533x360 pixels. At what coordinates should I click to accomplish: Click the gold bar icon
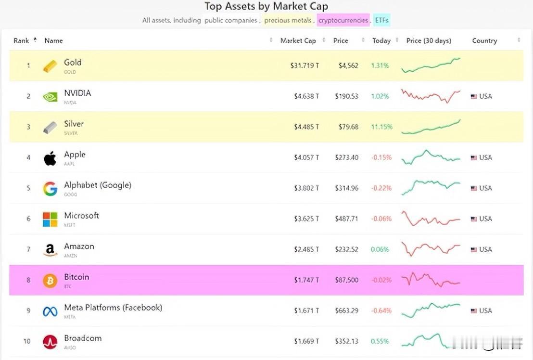click(x=50, y=66)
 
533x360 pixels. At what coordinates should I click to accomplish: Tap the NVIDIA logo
click(x=50, y=97)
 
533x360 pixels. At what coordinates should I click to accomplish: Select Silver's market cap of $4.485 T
click(x=306, y=127)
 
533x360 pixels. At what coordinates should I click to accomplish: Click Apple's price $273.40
click(x=346, y=157)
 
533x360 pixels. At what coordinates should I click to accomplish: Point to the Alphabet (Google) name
click(x=98, y=185)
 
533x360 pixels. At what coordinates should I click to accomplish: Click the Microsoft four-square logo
click(x=50, y=219)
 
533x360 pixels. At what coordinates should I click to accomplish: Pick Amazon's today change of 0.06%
click(x=380, y=249)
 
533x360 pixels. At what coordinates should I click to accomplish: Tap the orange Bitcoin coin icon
click(x=50, y=280)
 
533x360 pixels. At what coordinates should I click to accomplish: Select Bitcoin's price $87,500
click(x=346, y=280)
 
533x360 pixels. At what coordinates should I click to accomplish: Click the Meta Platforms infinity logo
click(x=50, y=311)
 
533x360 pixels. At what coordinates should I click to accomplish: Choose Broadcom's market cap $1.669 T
click(x=306, y=341)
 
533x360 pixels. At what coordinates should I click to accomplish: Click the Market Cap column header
click(x=298, y=41)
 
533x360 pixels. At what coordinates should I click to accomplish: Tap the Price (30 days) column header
click(x=429, y=41)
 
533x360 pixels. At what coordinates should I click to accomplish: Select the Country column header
click(x=484, y=41)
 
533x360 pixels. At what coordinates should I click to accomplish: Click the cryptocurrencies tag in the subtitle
click(x=343, y=20)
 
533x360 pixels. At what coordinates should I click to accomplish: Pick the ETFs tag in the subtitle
click(x=382, y=20)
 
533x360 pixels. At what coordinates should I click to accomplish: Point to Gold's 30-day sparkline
click(x=431, y=65)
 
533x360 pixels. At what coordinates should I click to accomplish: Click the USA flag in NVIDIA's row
click(x=473, y=96)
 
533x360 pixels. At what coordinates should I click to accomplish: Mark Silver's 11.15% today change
click(x=381, y=127)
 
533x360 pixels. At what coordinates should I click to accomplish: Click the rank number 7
click(x=28, y=249)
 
